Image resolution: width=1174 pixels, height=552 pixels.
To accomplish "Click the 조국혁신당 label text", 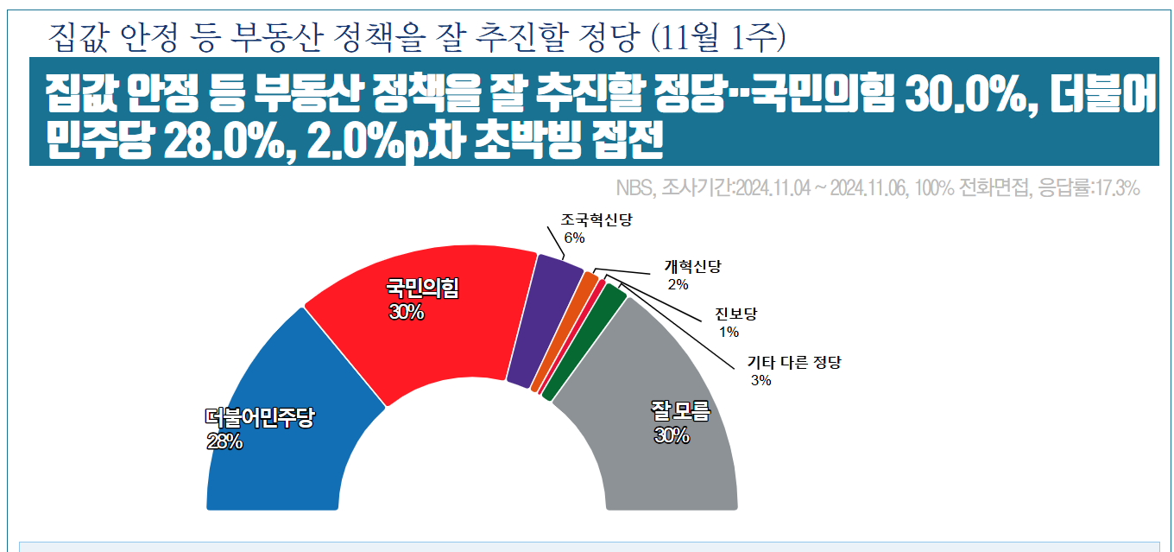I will pos(596,220).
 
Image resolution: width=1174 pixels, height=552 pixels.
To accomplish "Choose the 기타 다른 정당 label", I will pos(793,362).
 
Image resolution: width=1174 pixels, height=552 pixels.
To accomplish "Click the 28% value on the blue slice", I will pos(224,442).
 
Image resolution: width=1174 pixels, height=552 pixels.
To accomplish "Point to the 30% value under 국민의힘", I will pos(406,313).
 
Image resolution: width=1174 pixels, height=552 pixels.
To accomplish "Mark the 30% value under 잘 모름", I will pos(672,436).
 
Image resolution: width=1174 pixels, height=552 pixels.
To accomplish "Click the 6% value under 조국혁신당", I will pos(574,238).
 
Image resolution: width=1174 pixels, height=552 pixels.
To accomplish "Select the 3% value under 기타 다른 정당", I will pos(761,380).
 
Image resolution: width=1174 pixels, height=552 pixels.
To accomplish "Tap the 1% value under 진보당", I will pos(729,333).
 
